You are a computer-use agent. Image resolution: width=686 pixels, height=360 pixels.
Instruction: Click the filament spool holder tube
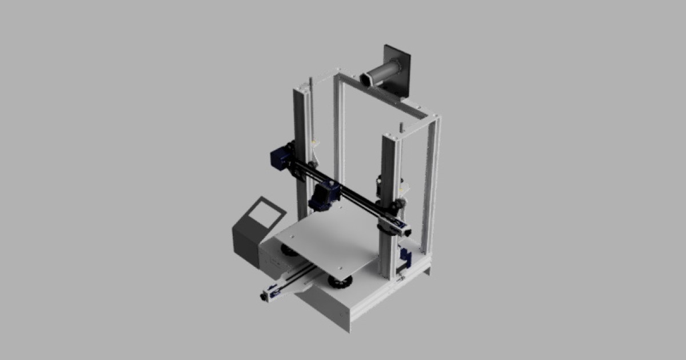pyautogui.click(x=383, y=74)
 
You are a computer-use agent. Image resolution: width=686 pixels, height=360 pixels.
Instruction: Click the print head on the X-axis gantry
pyautogui.click(x=324, y=195)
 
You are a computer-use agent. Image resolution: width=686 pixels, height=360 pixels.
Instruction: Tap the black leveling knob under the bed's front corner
pyautogui.click(x=340, y=282)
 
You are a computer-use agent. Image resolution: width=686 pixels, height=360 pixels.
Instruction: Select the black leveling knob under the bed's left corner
pyautogui.click(x=289, y=250)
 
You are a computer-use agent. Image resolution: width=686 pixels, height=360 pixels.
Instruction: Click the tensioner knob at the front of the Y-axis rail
pyautogui.click(x=265, y=297)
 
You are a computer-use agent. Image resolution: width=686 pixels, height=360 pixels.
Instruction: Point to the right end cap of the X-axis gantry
pyautogui.click(x=406, y=231)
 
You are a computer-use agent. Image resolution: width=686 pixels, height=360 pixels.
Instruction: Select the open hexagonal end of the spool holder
pyautogui.click(x=365, y=79)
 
